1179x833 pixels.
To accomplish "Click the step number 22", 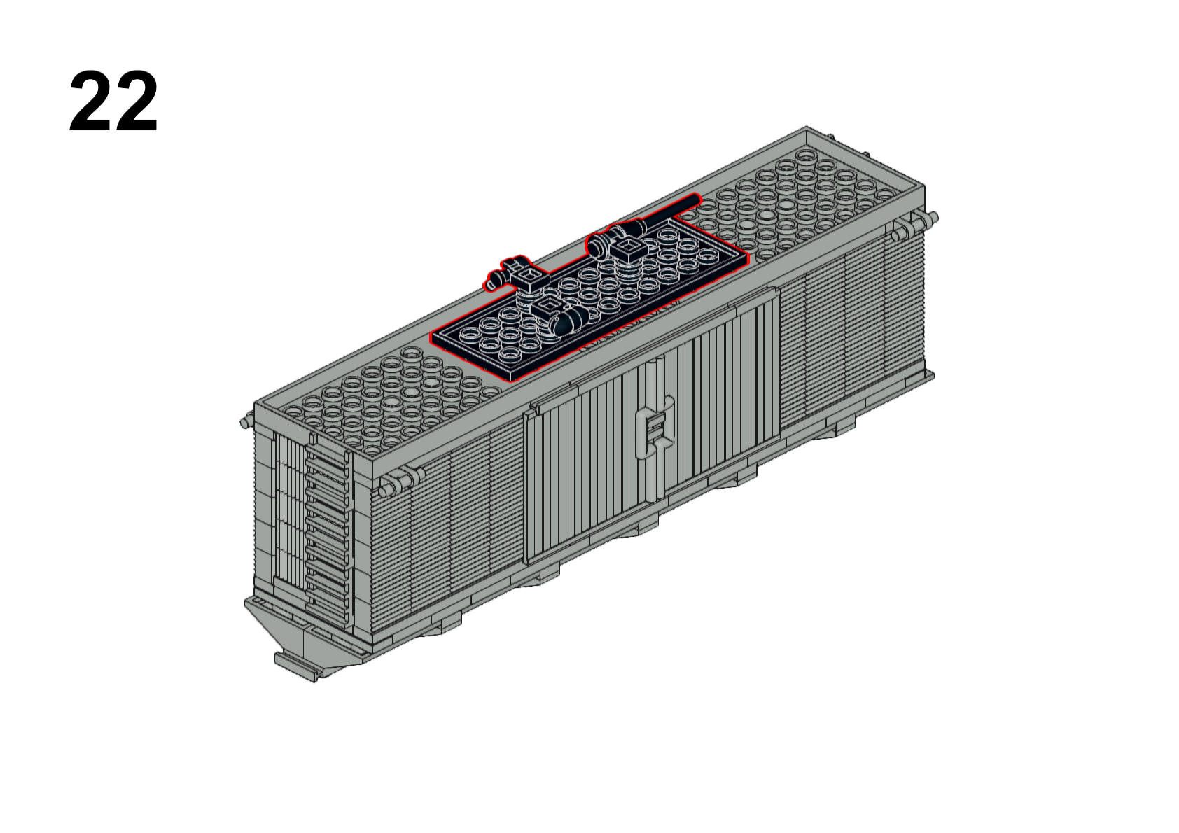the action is [113, 101].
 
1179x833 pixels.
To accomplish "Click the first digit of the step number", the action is [90, 101].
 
